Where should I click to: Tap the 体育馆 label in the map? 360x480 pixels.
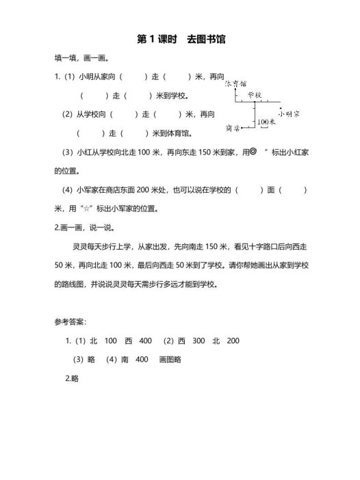[235, 83]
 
